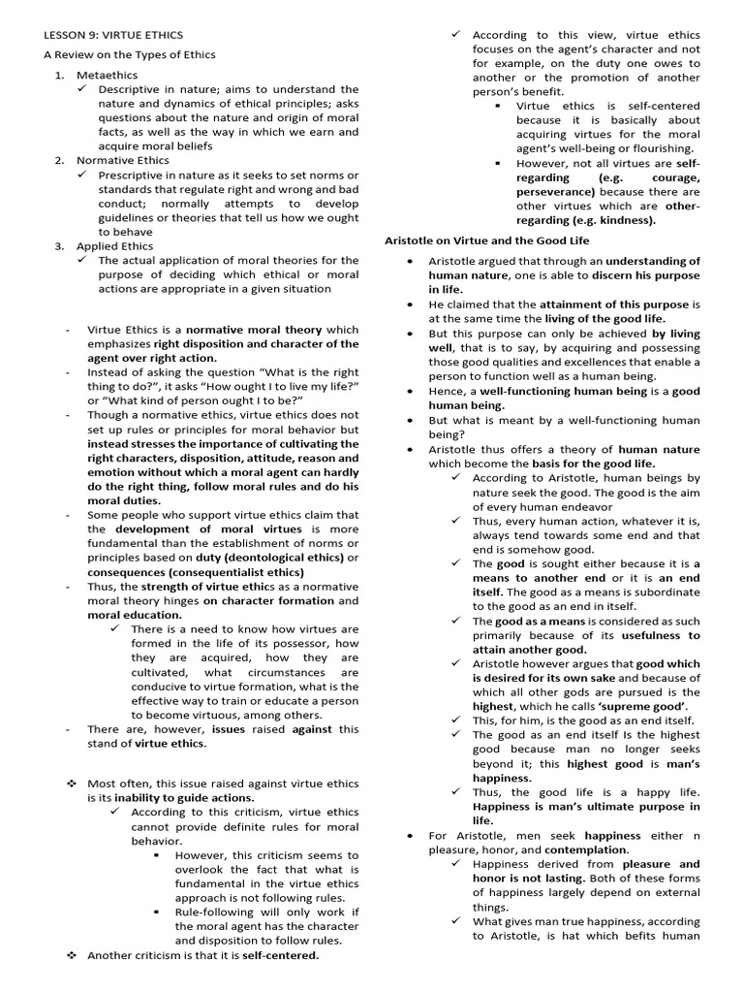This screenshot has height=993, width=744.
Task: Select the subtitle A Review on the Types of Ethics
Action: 129,54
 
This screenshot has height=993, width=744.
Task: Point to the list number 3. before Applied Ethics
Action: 60,246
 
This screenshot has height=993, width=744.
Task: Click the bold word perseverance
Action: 556,192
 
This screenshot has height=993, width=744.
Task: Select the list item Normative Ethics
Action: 122,160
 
